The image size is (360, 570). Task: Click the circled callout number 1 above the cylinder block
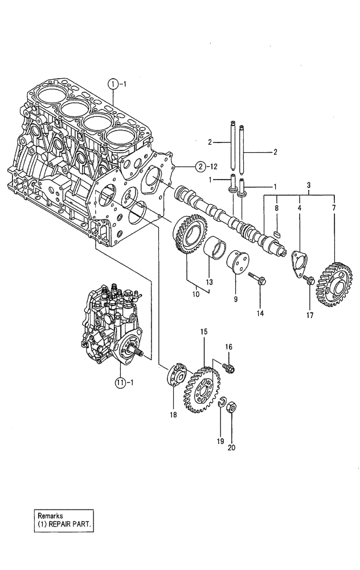pyautogui.click(x=113, y=84)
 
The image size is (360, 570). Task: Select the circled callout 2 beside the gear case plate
pyautogui.click(x=199, y=167)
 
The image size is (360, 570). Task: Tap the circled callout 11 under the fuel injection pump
pyautogui.click(x=120, y=381)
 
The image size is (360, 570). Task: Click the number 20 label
pyautogui.click(x=231, y=447)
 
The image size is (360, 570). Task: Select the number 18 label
pyautogui.click(x=173, y=414)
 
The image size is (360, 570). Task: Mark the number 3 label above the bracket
pyautogui.click(x=309, y=186)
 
